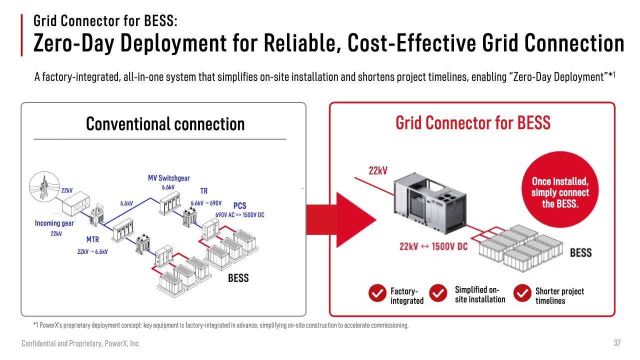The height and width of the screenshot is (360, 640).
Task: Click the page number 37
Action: click(617, 342)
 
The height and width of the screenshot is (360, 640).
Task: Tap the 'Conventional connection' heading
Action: click(165, 123)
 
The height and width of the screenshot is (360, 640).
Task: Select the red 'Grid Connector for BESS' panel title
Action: click(473, 123)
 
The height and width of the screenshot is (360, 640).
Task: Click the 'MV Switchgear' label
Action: click(169, 178)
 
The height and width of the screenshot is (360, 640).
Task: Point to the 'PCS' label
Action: click(239, 205)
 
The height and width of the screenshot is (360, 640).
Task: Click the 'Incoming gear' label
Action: click(54, 223)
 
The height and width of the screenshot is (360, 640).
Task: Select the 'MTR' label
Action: click(92, 239)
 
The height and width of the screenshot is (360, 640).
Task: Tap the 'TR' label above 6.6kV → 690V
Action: click(203, 191)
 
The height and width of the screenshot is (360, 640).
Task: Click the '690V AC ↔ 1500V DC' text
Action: click(239, 215)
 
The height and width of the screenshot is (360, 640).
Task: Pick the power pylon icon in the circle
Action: click(44, 187)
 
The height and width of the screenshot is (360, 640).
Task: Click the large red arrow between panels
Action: click(341, 219)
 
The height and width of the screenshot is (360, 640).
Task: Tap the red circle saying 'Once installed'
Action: click(560, 189)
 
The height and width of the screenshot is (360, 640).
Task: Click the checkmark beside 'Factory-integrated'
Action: click(377, 293)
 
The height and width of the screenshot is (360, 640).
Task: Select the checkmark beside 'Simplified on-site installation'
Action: click(438, 293)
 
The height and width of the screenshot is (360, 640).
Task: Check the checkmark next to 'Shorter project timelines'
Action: click(522, 293)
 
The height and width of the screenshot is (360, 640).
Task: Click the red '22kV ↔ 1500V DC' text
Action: click(433, 246)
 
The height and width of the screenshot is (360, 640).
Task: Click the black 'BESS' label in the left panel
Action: click(238, 278)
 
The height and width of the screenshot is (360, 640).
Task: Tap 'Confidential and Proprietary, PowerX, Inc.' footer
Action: click(81, 343)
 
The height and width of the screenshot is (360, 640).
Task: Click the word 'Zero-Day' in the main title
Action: click(74, 43)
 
